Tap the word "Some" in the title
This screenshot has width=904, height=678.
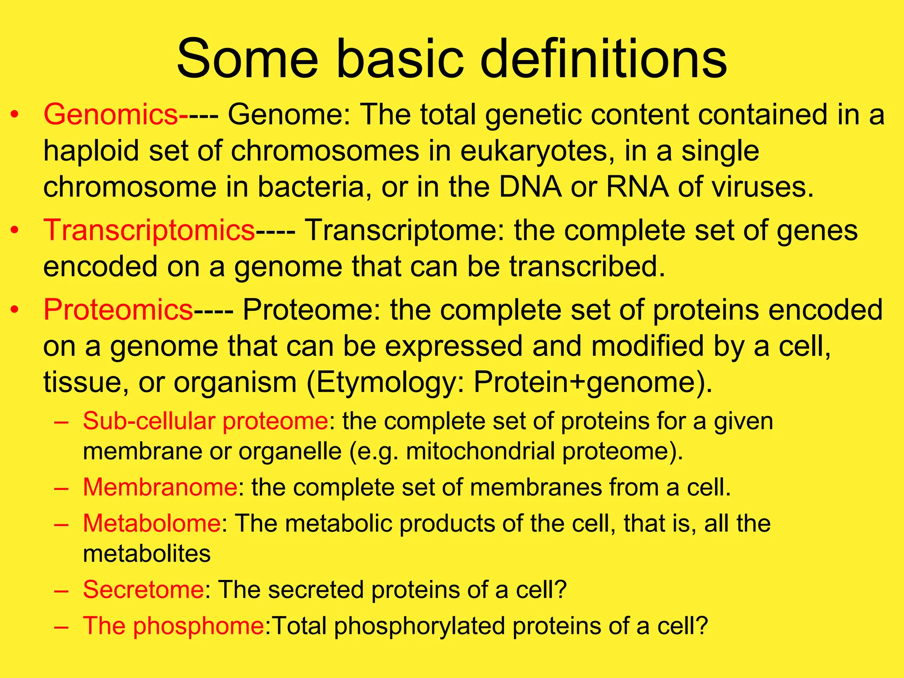click(247, 59)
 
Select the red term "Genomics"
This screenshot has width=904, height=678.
click(110, 115)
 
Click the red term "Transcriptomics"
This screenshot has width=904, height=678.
click(149, 230)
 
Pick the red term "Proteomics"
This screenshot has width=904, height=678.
click(118, 309)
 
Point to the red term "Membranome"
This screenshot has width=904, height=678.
click(160, 487)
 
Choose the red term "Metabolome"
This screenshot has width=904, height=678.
click(152, 524)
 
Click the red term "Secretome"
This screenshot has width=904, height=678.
click(143, 589)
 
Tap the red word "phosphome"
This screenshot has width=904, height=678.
click(198, 626)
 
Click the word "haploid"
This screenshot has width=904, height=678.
click(90, 151)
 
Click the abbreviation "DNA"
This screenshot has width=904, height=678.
click(530, 187)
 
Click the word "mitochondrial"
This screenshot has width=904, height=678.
click(480, 451)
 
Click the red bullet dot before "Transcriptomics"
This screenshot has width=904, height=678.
click(15, 230)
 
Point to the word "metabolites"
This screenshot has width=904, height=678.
click(147, 554)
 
